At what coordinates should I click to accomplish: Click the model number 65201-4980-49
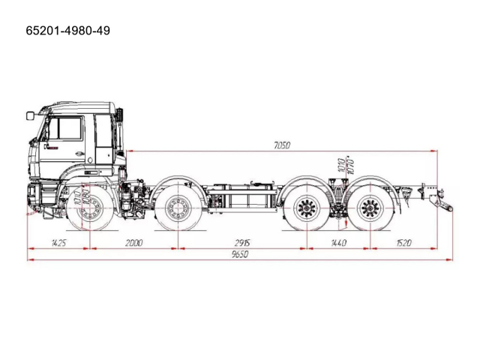[x=68, y=32]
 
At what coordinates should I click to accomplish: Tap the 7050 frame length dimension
[x=281, y=145]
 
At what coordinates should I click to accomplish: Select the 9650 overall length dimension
[x=239, y=255]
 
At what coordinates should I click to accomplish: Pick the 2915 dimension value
[x=241, y=243]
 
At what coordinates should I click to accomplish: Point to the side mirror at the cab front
[x=30, y=115]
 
